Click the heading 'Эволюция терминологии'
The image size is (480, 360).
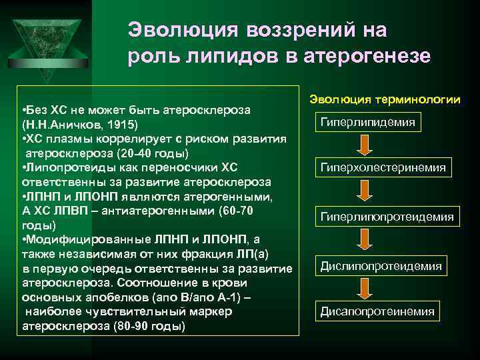385,99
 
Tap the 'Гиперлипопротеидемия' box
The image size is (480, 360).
387,217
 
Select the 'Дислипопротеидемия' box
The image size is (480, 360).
381,266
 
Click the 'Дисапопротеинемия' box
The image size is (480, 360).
377,311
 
